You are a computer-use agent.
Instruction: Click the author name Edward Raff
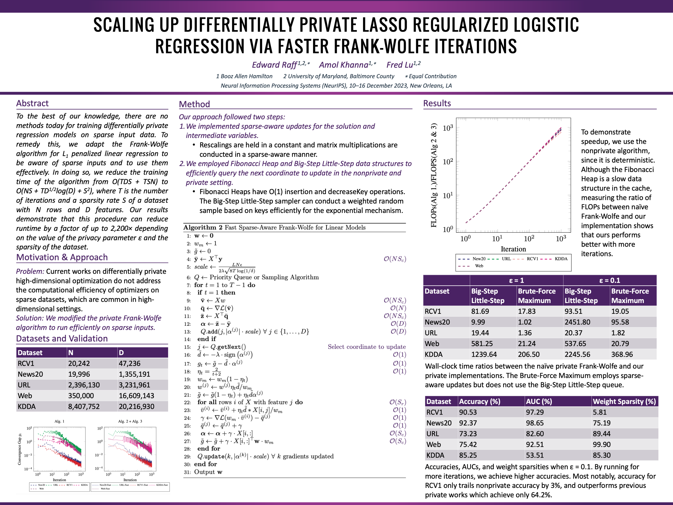(x=274, y=65)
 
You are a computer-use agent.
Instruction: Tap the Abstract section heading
(x=32, y=104)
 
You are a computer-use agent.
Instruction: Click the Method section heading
(x=194, y=104)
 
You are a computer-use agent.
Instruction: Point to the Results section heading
(x=437, y=104)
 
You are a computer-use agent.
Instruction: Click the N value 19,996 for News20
(x=79, y=374)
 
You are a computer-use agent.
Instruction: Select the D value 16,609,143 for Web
(x=136, y=396)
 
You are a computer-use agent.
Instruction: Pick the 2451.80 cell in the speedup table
(x=577, y=322)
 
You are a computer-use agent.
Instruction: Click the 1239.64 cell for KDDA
(x=484, y=354)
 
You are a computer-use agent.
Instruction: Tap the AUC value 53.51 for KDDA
(x=535, y=455)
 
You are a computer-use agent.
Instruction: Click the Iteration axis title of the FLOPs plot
(x=513, y=249)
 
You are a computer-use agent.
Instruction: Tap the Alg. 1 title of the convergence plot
(x=59, y=421)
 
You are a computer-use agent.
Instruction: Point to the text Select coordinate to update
(x=367, y=347)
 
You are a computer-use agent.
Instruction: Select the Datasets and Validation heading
(x=62, y=338)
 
